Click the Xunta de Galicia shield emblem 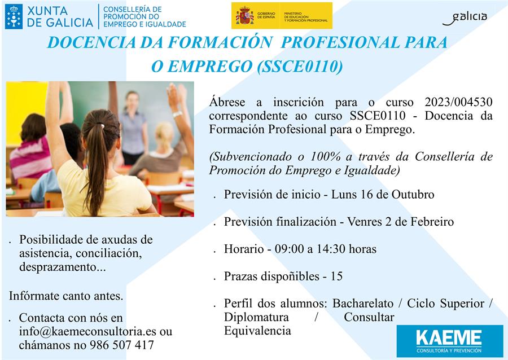click(14, 16)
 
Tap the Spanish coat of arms click(244, 16)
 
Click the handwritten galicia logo click(465, 18)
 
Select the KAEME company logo click(449, 341)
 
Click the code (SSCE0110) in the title click(300, 67)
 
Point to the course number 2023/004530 click(458, 102)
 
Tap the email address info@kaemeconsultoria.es click(87, 332)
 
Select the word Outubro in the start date click(413, 194)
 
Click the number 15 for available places click(336, 276)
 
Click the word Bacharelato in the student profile click(363, 304)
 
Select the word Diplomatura click(256, 317)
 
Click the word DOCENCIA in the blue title click(91, 43)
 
